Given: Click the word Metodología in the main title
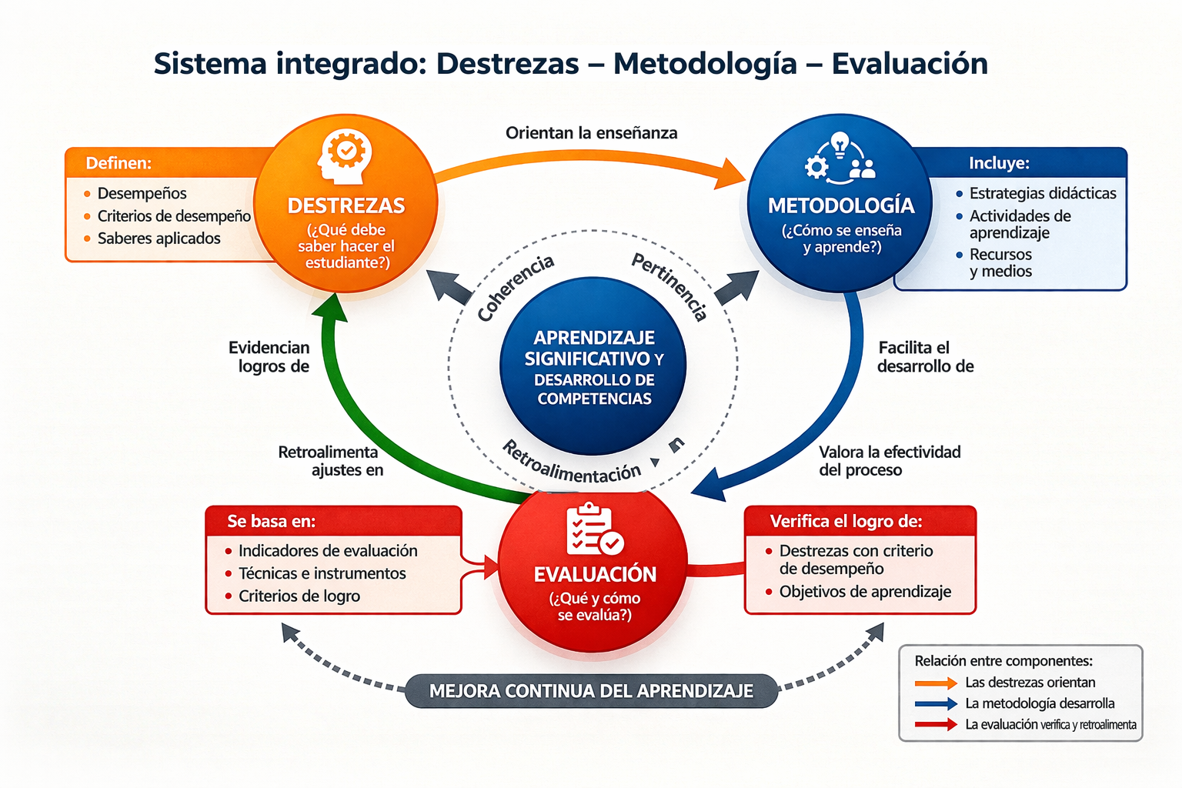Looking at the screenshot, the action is [705, 65].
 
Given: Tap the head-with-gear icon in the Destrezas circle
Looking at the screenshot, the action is [345, 157].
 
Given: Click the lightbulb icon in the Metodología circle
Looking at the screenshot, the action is [840, 144].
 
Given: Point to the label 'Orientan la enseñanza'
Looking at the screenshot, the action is [592, 133].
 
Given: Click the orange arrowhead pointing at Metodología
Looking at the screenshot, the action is [731, 174].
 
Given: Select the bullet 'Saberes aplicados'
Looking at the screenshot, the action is [159, 239].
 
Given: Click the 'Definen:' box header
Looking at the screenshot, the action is [119, 163].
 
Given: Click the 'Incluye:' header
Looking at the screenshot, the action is [999, 163].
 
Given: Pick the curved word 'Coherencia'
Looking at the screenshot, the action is [515, 288].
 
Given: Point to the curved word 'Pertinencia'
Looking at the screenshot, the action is [669, 286].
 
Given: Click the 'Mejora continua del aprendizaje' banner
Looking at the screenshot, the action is [592, 691].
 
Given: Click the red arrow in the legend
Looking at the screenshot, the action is [936, 725].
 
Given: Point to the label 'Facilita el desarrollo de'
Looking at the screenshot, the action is [925, 357].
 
